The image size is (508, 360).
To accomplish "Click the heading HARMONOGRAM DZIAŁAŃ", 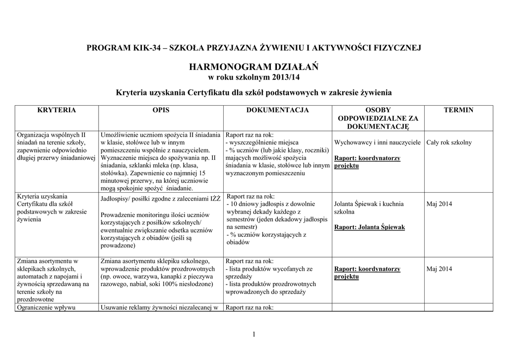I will (x=254, y=67).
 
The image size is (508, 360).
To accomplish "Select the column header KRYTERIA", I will (x=57, y=110).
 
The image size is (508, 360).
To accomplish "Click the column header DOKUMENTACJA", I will (x=277, y=110).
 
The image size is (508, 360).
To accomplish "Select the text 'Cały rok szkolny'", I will (x=449, y=143).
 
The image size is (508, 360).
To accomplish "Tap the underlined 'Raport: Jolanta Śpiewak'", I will (x=370, y=227).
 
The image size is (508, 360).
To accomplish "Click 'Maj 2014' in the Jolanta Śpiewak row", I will (x=439, y=204).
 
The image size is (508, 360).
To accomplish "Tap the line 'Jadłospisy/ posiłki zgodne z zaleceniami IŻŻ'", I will (x=161, y=200).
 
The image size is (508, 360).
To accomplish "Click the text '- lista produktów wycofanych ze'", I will (x=269, y=269).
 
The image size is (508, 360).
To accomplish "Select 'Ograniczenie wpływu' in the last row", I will (x=46, y=307).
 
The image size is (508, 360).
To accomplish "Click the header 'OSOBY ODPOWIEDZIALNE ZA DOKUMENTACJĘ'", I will (x=378, y=118).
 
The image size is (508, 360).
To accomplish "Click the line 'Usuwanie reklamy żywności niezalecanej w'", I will (x=159, y=307).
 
